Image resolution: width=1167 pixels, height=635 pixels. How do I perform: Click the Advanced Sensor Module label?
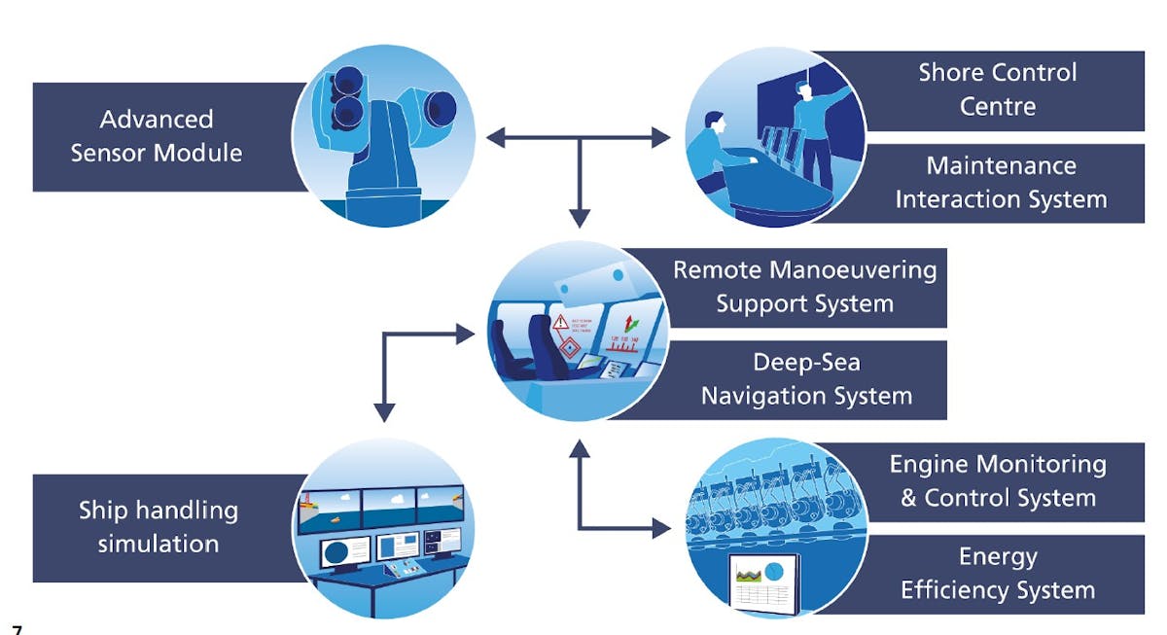click(156, 136)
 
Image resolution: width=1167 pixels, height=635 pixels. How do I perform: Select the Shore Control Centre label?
click(997, 89)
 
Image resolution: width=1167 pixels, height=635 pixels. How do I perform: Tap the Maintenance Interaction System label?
click(1001, 183)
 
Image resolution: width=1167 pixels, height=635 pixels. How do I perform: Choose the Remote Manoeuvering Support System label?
click(804, 286)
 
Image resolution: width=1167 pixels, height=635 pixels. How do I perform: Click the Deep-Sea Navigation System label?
click(806, 379)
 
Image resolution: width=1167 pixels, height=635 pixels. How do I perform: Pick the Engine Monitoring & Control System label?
click(998, 481)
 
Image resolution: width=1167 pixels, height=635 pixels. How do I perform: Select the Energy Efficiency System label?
click(998, 574)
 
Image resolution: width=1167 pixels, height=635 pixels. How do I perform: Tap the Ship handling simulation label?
click(158, 526)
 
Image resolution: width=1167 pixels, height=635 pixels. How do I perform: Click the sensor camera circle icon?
click(383, 136)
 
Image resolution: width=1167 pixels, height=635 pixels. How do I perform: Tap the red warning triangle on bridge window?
click(561, 325)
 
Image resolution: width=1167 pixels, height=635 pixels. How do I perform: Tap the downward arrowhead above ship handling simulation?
click(385, 412)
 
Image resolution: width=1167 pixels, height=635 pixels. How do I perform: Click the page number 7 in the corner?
click(17, 629)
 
